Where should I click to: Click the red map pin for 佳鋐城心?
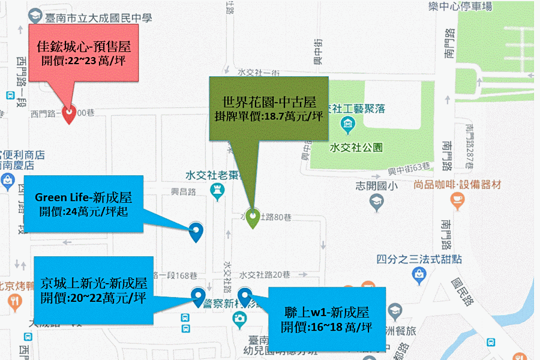click(x=69, y=113)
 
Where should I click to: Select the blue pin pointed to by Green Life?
click(x=196, y=230)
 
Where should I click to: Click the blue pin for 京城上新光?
click(x=198, y=296)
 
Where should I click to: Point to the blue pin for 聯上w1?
click(x=244, y=296)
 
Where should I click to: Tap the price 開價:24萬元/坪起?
click(x=83, y=211)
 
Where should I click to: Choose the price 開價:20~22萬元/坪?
click(x=94, y=296)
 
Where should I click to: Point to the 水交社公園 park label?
click(x=356, y=147)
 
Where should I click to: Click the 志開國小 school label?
click(x=377, y=186)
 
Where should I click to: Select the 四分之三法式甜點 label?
click(x=419, y=259)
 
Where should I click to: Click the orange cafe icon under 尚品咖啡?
click(x=457, y=199)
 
